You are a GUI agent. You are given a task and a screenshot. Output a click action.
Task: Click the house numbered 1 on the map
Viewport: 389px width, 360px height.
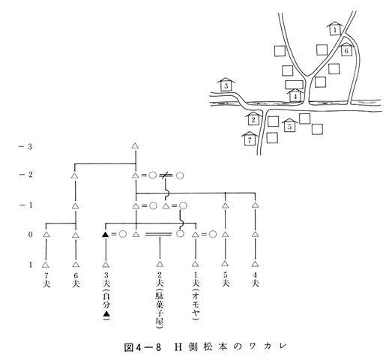click(335, 28)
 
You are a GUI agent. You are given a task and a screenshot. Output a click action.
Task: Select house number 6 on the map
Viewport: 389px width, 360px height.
click(346, 49)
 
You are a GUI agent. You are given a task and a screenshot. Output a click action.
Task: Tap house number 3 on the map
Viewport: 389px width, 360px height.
click(226, 85)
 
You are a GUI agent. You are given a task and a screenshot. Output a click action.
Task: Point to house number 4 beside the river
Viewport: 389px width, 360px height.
click(295, 95)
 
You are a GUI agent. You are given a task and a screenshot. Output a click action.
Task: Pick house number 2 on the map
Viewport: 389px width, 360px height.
click(253, 118)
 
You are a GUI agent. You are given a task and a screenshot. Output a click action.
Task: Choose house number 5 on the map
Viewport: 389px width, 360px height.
click(289, 125)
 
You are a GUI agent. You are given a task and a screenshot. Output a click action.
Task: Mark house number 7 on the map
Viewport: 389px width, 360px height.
click(250, 139)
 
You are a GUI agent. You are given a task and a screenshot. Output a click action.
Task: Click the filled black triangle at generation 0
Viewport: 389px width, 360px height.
click(106, 235)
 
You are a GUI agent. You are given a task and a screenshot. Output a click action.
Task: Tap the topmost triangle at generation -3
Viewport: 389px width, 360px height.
click(135, 145)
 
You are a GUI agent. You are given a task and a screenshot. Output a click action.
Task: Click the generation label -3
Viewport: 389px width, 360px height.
click(25, 146)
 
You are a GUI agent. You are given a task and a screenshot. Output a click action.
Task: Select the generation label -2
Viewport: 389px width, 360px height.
click(25, 174)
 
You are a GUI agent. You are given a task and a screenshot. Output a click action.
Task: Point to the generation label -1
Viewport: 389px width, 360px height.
click(25, 205)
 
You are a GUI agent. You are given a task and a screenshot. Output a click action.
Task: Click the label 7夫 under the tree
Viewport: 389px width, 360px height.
click(46, 280)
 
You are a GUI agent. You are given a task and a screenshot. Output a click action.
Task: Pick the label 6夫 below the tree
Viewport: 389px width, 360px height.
click(76, 280)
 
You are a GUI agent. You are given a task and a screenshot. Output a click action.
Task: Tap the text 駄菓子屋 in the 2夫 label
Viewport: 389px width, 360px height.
click(160, 308)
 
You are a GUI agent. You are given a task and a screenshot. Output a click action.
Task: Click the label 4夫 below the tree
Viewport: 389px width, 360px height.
click(255, 280)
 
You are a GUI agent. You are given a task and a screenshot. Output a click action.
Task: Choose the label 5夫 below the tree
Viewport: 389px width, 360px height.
click(225, 280)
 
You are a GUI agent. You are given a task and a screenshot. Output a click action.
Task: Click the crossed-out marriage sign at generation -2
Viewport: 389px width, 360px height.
click(165, 175)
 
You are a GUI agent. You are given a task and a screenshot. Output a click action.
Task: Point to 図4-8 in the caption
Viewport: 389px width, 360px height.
click(142, 347)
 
